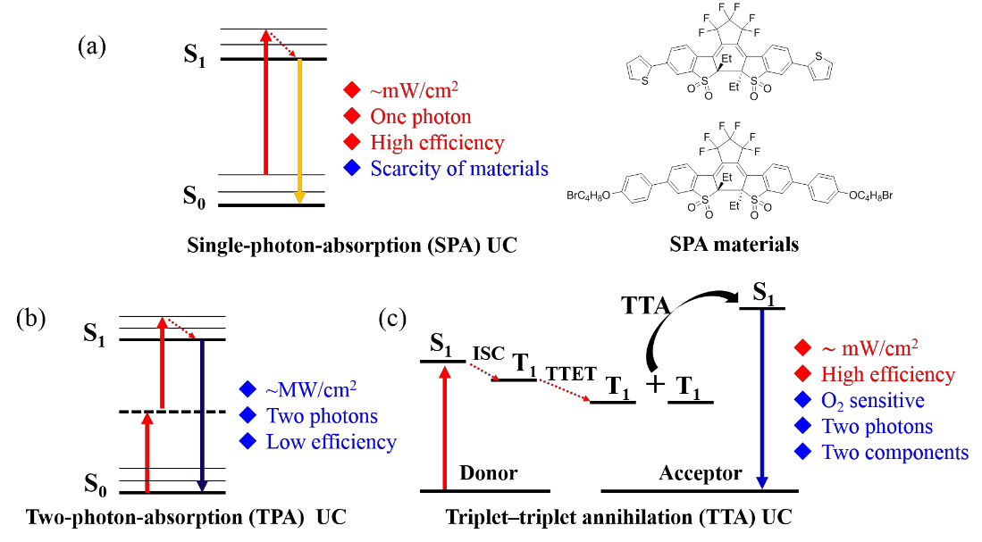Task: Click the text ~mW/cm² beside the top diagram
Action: tap(415, 90)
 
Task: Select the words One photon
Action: tap(420, 117)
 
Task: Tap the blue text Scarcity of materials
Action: tap(459, 169)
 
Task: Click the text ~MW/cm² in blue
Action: tap(311, 390)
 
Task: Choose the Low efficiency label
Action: tap(331, 442)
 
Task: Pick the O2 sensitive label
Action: tap(872, 401)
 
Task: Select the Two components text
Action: tap(894, 453)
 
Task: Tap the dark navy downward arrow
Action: tap(202, 415)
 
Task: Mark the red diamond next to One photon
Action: tap(352, 116)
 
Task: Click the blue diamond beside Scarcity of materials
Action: tap(352, 168)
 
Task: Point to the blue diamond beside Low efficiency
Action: tap(248, 441)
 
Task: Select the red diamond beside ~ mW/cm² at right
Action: tap(802, 347)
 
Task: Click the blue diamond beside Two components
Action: tap(802, 452)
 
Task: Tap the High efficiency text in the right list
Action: tap(888, 375)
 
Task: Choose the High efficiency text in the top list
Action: tap(437, 143)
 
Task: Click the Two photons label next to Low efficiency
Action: tap(322, 416)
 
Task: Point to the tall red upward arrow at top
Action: tap(265, 102)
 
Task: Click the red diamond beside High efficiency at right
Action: tap(802, 374)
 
